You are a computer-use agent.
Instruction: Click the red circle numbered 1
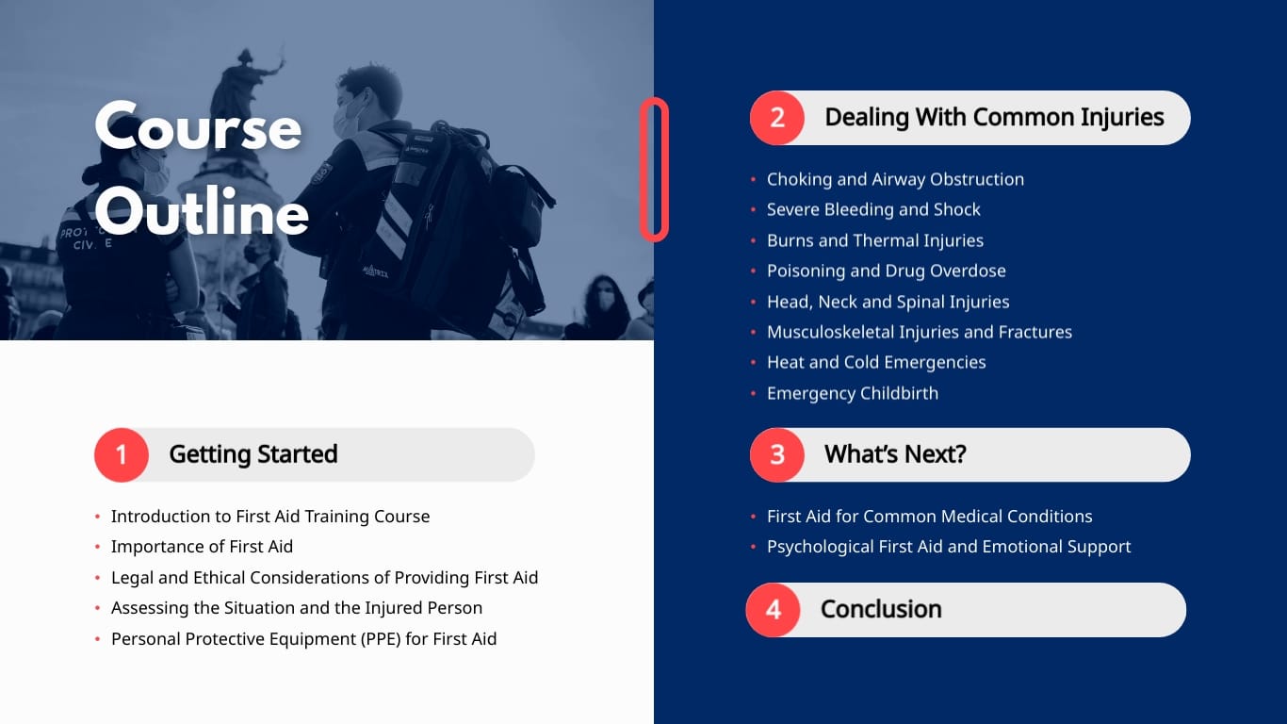(x=122, y=454)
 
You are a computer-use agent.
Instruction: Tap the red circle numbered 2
(x=777, y=118)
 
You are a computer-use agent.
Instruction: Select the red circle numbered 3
(x=777, y=454)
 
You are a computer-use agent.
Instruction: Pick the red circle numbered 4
(x=774, y=609)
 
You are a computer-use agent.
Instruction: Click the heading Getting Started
(x=253, y=454)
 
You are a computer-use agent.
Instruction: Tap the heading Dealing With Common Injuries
(x=994, y=118)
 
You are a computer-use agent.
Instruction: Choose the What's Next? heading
(x=895, y=454)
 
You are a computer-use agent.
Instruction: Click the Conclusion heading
(x=881, y=609)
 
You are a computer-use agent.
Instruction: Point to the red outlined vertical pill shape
(x=654, y=170)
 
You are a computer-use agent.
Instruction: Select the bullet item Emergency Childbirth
(x=852, y=393)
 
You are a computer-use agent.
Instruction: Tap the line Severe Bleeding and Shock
(x=873, y=209)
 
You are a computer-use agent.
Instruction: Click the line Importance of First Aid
(x=202, y=547)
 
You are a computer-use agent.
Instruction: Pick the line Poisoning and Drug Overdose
(x=886, y=271)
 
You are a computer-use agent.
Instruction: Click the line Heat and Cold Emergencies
(x=876, y=362)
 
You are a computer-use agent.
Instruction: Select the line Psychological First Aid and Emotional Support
(x=949, y=547)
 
